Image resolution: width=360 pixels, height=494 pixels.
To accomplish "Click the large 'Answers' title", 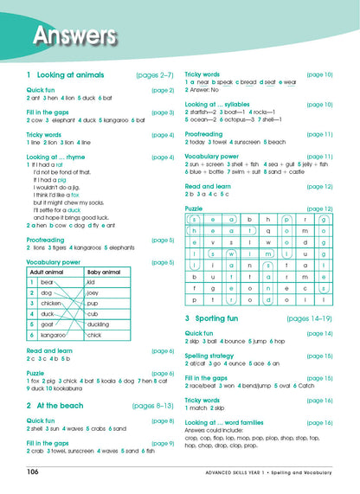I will [x=73, y=36].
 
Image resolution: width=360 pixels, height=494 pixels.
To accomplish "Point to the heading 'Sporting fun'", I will [x=228, y=319].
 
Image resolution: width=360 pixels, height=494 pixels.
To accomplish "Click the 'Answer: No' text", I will [x=209, y=89].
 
